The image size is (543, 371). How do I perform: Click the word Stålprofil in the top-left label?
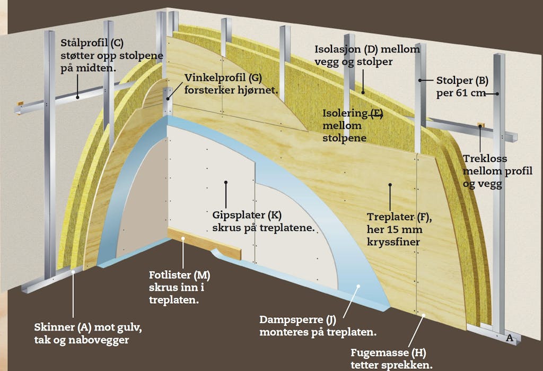pos(84,44)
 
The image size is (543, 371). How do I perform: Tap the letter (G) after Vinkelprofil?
pos(255,77)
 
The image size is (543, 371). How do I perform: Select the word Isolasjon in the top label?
pos(337,49)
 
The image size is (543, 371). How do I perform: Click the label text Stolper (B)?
pos(462,81)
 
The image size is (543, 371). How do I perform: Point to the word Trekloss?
pos(485,159)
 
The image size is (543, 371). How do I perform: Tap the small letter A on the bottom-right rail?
pos(510,338)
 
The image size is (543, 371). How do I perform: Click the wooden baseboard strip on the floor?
pos(204,243)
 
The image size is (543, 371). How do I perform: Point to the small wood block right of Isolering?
pos(480,125)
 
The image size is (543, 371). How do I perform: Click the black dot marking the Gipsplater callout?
pos(226,182)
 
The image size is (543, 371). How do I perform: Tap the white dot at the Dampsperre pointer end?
pos(358,286)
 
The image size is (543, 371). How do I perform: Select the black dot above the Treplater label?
pos(390,185)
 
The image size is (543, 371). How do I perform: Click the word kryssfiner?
pos(393,242)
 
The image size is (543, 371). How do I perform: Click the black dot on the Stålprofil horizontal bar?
pos(77,98)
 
